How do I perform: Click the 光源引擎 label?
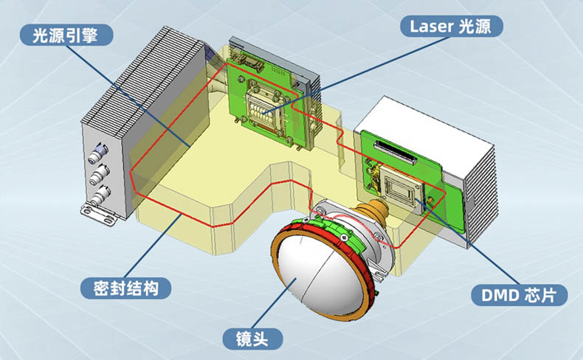click(66, 35)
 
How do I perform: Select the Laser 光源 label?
click(452, 27)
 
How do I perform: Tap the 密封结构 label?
click(125, 288)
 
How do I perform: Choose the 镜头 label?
click(252, 339)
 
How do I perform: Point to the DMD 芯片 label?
click(519, 295)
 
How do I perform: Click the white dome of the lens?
click(320, 275)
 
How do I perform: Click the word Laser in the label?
click(431, 27)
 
